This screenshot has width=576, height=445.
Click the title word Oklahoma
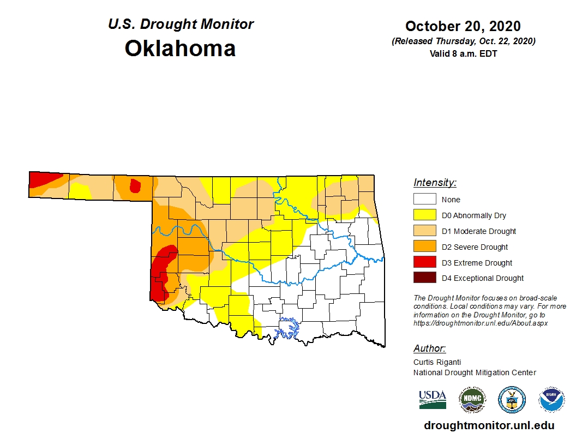pyautogui.click(x=180, y=49)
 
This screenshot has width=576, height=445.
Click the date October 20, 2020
pyautogui.click(x=463, y=26)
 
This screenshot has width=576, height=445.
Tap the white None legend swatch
pyautogui.click(x=424, y=200)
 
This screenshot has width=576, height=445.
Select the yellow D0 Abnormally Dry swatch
pyautogui.click(x=424, y=215)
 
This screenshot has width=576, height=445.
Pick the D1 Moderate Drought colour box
pyautogui.click(x=424, y=231)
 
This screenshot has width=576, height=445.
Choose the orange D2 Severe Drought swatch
pyautogui.click(x=424, y=247)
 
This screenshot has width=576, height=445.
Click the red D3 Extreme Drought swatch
pyautogui.click(x=424, y=262)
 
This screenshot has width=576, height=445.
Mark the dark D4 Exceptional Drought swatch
pyautogui.click(x=424, y=278)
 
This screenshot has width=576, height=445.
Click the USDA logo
pyautogui.click(x=433, y=399)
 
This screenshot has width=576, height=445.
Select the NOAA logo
pyautogui.click(x=551, y=400)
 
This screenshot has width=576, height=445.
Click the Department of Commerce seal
pyautogui.click(x=512, y=400)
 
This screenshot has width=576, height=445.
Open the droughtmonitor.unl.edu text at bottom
pyautogui.click(x=489, y=426)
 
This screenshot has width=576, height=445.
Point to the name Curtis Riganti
pyautogui.click(x=437, y=362)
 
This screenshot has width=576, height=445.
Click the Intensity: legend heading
pyautogui.click(x=435, y=183)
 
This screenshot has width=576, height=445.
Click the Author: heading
pyautogui.click(x=429, y=348)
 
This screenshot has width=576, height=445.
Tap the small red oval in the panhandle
pyautogui.click(x=135, y=186)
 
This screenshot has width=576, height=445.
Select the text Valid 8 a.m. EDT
pyautogui.click(x=463, y=53)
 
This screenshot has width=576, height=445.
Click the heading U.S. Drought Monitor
pyautogui.click(x=181, y=25)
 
